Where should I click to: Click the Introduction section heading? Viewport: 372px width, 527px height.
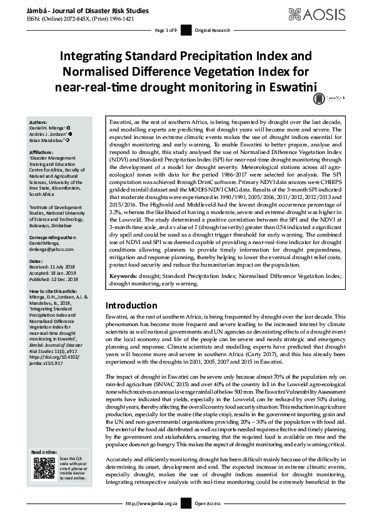click(131, 305)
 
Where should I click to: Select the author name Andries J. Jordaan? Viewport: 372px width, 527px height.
click(48, 133)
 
